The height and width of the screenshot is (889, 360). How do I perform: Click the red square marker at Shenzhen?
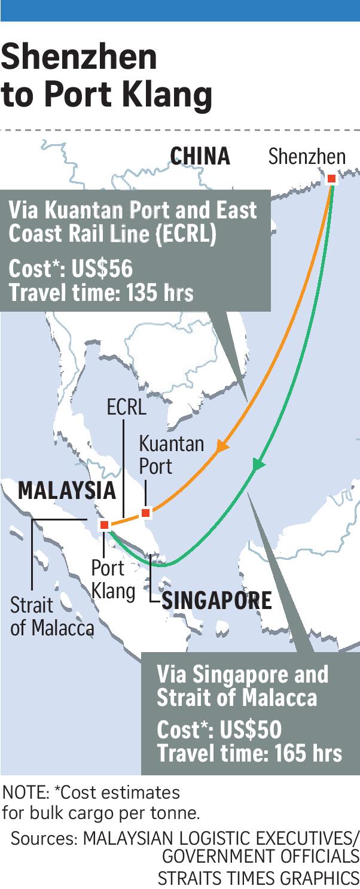(x=331, y=178)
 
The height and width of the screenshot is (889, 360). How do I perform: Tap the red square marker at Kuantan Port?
(x=145, y=513)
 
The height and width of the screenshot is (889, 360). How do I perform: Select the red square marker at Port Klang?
(x=104, y=525)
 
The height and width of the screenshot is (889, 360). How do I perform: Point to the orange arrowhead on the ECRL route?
(x=222, y=446)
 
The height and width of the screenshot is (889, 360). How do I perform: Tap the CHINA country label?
(x=200, y=156)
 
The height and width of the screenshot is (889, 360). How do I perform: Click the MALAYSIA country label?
(x=66, y=491)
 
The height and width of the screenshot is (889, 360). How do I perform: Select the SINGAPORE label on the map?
(x=216, y=600)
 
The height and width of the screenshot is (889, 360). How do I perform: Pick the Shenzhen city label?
(x=307, y=157)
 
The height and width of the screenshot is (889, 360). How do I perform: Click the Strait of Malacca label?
(x=52, y=616)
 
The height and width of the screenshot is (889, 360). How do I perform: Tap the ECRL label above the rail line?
(x=126, y=408)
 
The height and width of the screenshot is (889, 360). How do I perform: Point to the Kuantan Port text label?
(x=171, y=455)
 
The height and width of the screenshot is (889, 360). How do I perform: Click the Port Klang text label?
(x=112, y=579)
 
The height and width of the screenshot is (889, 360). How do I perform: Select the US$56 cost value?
(x=102, y=269)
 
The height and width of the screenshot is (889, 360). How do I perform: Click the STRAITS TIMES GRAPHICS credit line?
(x=258, y=878)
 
